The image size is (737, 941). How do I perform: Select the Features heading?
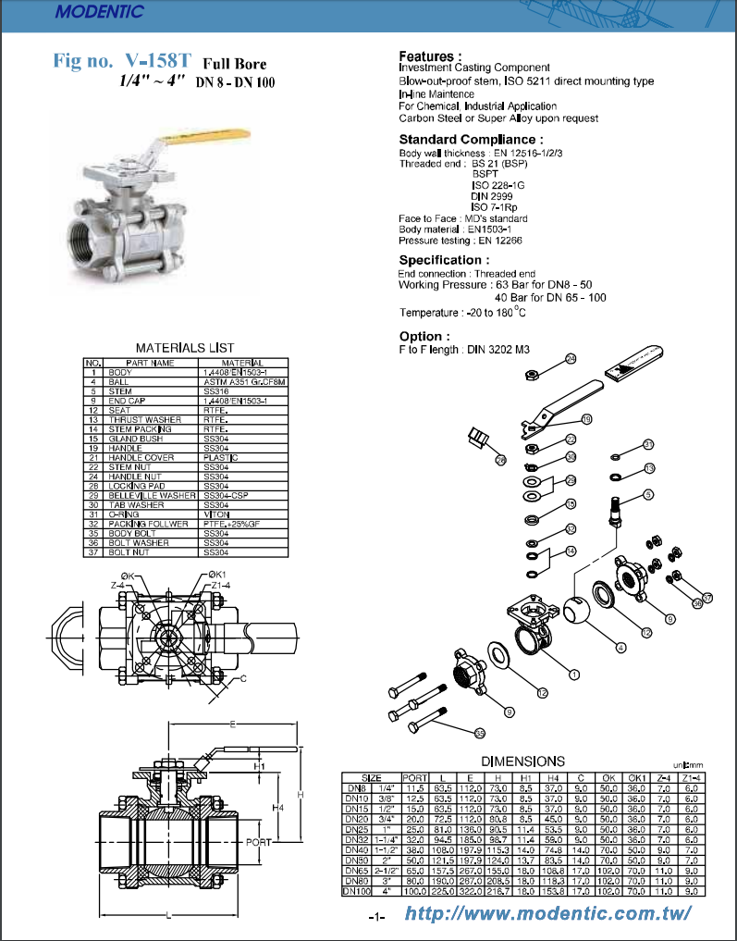point(430,56)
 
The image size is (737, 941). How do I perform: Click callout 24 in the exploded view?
point(571,358)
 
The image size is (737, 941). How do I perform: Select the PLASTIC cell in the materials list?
point(221,458)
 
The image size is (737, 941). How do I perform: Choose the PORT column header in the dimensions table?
point(415,777)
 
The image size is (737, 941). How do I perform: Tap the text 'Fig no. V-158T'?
point(123,62)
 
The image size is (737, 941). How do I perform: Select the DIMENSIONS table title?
point(523,760)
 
